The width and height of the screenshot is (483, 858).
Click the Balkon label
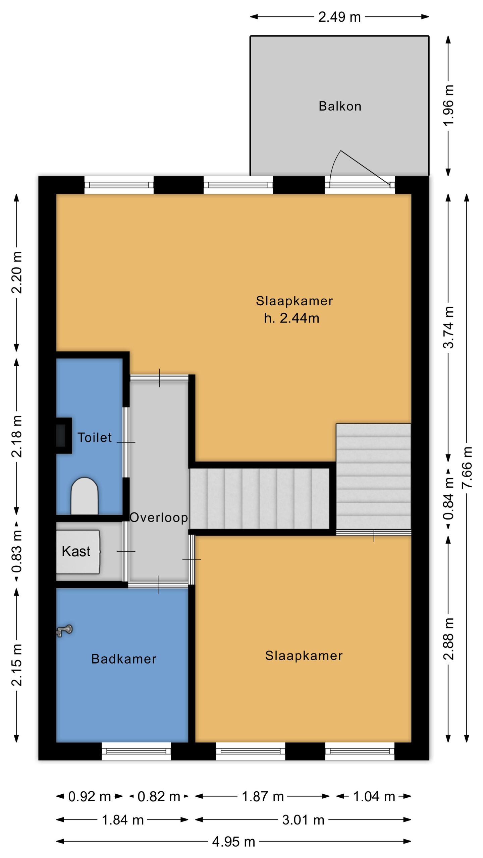340,106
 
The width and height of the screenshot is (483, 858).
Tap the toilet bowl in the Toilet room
85,496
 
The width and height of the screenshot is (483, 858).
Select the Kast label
76,551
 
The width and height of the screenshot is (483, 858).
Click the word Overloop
159,517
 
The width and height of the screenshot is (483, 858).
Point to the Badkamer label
124,659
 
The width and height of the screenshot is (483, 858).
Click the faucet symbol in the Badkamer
64,630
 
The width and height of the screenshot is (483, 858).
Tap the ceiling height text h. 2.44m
291,318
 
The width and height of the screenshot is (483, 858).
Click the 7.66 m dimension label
467,468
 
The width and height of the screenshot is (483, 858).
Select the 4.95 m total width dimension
233,842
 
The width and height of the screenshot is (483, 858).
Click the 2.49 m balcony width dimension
339,17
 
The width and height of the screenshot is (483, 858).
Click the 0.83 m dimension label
17,551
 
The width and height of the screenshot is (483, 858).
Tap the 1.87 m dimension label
263,796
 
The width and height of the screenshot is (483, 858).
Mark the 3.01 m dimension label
303,820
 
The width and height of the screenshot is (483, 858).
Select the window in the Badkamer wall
136,751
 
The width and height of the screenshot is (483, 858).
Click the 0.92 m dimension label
90,796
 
